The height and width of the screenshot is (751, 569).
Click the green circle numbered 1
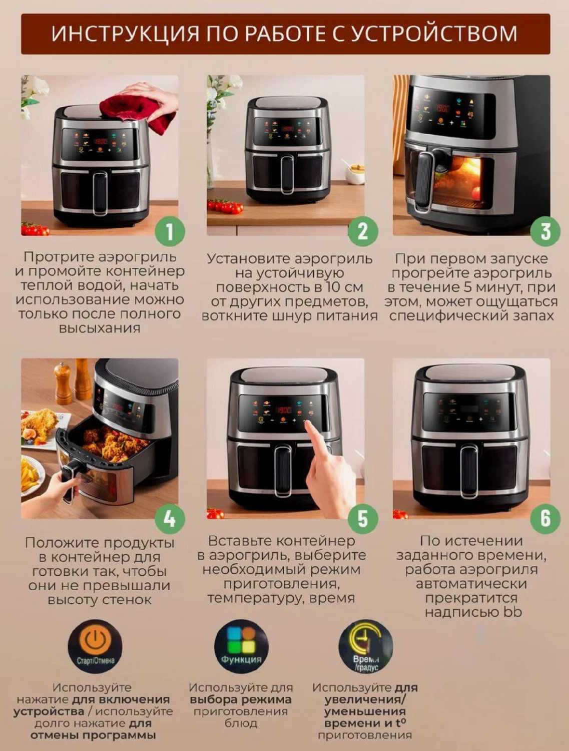pos(170,232)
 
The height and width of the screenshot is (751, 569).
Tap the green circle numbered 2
pos(363,232)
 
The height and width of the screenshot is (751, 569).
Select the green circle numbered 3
pos(545,232)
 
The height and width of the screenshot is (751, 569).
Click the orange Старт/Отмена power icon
pos(96,647)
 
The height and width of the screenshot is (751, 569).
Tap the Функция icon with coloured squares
pos(241,647)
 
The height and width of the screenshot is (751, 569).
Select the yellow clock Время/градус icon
pos(366,647)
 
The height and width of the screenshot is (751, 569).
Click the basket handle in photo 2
pos(287,174)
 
